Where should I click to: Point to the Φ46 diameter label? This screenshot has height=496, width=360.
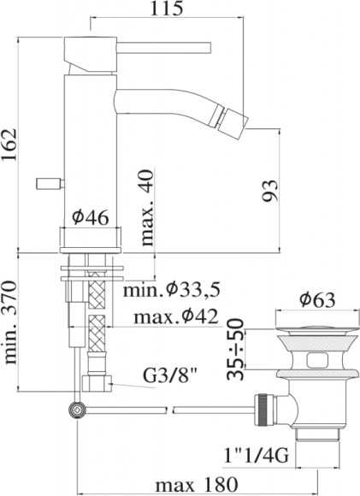90,218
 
